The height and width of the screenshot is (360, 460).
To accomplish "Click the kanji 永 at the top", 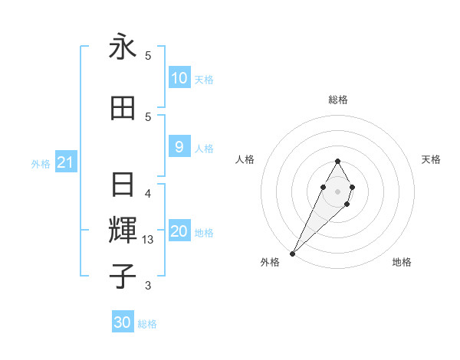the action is click(123, 47).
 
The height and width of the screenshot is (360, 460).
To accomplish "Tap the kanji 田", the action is click(123, 108).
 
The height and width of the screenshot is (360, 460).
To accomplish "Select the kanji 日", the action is click(123, 185).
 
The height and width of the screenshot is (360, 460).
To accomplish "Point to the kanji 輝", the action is click(123, 229).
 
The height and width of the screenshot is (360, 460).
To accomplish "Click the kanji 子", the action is click(123, 275).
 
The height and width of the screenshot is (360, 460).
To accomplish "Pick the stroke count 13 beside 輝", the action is click(149, 240).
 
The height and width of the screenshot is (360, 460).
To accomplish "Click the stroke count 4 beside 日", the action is click(148, 193).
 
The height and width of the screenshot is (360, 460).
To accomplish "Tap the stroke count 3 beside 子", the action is click(148, 286).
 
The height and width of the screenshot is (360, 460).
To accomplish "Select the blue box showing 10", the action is click(179, 77).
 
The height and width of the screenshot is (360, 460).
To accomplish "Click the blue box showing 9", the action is click(179, 147).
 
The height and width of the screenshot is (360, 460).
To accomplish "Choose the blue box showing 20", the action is click(179, 231).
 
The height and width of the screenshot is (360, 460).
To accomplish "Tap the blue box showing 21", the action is click(64, 162).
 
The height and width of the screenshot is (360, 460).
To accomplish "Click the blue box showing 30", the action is click(123, 322).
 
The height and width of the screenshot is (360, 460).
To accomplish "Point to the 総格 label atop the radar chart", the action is click(337, 100).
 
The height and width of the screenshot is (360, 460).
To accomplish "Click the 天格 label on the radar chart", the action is click(431, 159).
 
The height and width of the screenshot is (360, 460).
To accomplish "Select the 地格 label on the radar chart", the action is click(402, 262).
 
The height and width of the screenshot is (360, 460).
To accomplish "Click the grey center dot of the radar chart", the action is click(337, 189).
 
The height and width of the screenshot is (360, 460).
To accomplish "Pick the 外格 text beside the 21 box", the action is click(41, 163).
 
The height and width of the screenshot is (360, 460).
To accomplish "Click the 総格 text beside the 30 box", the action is click(147, 324).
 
